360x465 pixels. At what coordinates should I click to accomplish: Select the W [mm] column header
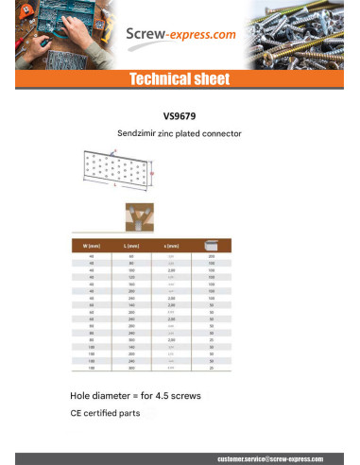(93, 246)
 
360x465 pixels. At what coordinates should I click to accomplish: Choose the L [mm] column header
(131, 246)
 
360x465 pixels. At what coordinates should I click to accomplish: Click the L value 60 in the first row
(131, 255)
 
